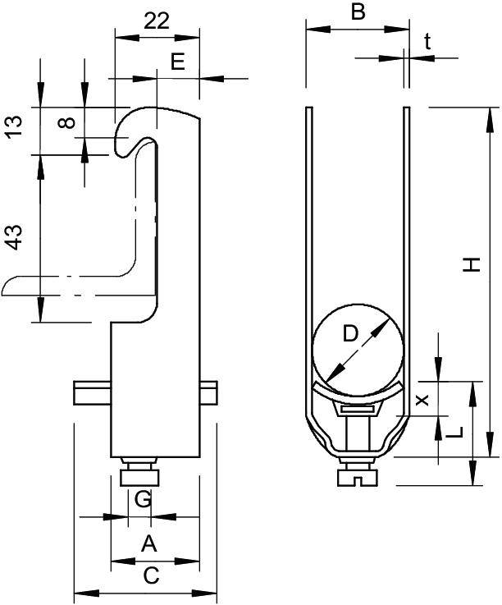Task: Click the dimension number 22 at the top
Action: tap(157, 22)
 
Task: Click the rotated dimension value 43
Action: tap(11, 239)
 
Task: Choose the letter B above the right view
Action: tap(358, 12)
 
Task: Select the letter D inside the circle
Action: tap(350, 333)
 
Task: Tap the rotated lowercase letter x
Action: tap(422, 400)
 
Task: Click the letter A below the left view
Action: tap(148, 543)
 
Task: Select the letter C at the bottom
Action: tap(150, 576)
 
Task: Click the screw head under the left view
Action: tap(141, 477)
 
